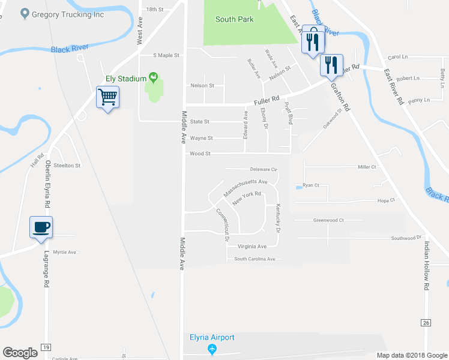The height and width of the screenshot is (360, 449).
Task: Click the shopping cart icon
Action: (108, 97)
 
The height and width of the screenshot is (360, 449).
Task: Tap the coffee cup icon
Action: (41, 227)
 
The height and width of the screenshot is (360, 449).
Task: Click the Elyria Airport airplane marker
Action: (211, 349)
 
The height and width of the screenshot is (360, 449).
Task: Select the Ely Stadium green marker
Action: (154, 77)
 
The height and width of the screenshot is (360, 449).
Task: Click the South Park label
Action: (235, 19)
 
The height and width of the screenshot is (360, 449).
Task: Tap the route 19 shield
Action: (46, 347)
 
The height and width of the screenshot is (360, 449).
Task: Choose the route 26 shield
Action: (426, 323)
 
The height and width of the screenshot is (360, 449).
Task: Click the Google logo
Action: (20, 353)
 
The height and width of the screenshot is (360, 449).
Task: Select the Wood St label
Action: (200, 154)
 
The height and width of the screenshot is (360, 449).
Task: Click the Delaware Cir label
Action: (259, 169)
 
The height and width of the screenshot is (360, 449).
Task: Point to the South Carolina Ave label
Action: (254, 259)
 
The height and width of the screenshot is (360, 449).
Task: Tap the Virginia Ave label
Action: (252, 247)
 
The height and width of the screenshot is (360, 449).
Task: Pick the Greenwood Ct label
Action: (328, 220)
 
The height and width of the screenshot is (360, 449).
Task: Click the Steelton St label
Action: (67, 165)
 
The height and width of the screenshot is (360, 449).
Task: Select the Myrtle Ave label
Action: (65, 252)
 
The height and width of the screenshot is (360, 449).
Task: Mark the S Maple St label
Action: (166, 55)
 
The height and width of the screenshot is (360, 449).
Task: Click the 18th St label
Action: (155, 10)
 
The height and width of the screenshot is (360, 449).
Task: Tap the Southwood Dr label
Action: (403, 238)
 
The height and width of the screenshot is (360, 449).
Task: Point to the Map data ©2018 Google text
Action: (411, 355)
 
